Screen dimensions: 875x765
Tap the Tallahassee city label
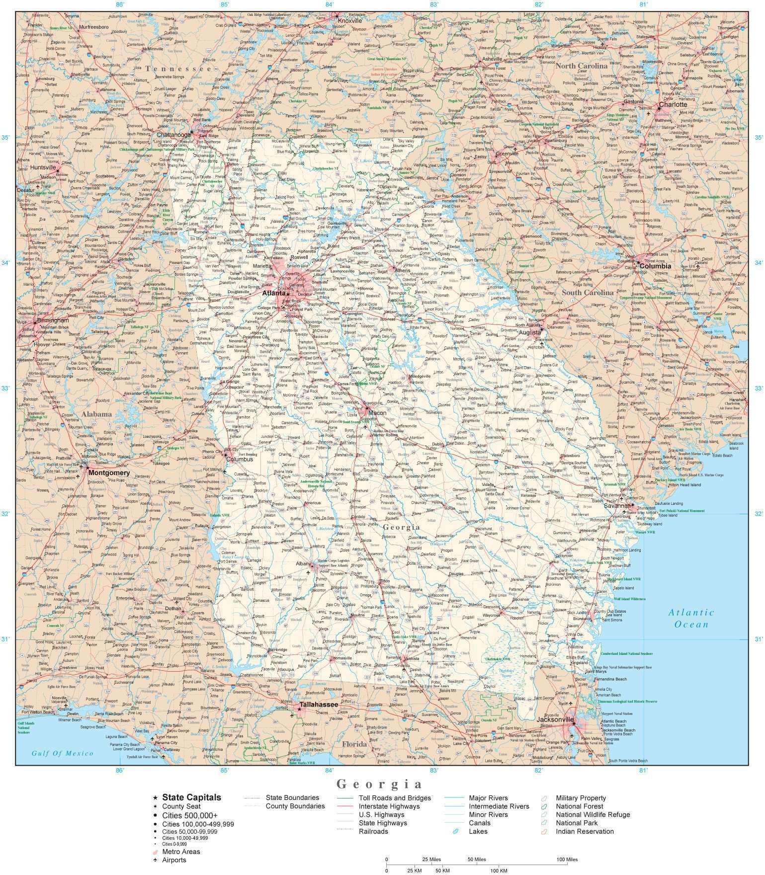point(318,705)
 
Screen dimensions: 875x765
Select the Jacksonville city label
point(555,719)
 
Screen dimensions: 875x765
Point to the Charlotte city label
point(673,105)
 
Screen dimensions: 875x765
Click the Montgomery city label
point(109,473)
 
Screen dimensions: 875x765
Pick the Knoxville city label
point(350,21)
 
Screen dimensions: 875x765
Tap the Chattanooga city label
point(174,135)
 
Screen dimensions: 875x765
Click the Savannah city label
point(616,506)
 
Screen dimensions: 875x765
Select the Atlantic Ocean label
point(691,618)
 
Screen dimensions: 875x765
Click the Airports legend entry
point(174,860)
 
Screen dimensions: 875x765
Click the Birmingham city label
point(53,321)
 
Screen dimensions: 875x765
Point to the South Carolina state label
point(588,293)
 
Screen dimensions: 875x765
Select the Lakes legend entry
point(478,831)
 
